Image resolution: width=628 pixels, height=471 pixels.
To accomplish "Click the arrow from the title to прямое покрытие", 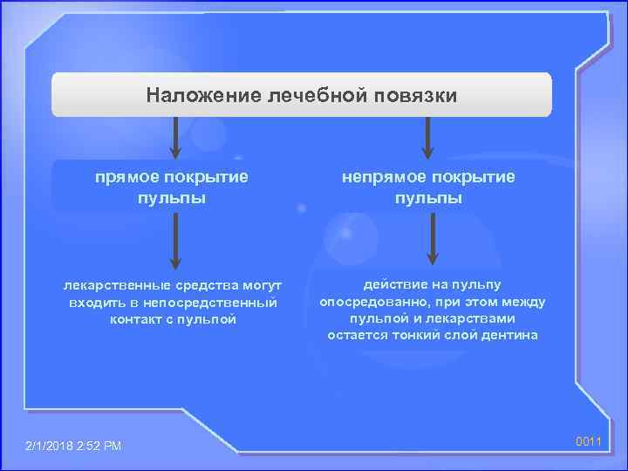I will click(x=174, y=138).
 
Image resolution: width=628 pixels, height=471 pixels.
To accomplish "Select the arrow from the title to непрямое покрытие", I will click(x=427, y=138).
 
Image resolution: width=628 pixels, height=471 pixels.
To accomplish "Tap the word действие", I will click(x=397, y=285).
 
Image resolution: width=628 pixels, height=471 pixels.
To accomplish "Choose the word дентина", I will click(x=510, y=335).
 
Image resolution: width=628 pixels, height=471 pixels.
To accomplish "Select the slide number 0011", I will click(x=589, y=441).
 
